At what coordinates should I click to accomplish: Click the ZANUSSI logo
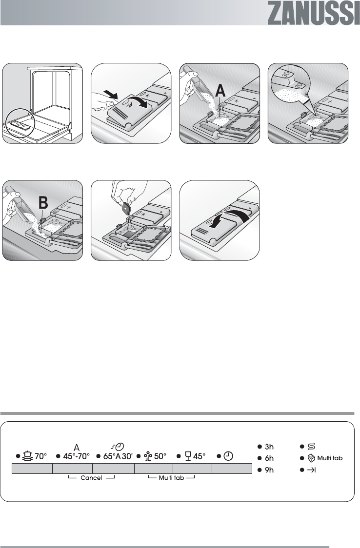[314, 13]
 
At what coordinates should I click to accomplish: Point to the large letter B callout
[43, 202]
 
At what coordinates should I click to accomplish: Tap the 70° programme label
[40, 456]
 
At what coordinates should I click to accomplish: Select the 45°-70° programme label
[76, 456]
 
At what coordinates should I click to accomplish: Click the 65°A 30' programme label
[118, 456]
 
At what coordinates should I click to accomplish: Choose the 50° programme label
[160, 456]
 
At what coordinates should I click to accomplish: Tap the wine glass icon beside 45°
[188, 456]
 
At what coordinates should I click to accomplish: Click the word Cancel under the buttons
[91, 478]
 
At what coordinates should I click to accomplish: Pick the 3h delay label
[269, 447]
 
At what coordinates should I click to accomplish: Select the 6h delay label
[269, 458]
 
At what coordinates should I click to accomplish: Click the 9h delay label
[269, 470]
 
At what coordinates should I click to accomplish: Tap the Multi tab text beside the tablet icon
[330, 458]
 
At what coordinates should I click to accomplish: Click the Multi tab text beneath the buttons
[171, 478]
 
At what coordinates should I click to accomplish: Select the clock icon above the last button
[228, 456]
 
